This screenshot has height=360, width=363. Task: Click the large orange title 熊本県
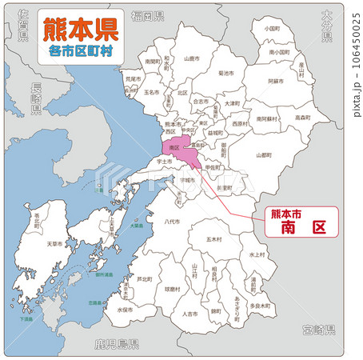[x=79, y=31]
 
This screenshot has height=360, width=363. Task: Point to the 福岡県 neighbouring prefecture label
[x=148, y=16]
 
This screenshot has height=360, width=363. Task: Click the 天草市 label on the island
[x=55, y=243]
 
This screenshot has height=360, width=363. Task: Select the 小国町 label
[x=270, y=29]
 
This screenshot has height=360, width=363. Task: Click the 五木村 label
[x=213, y=239]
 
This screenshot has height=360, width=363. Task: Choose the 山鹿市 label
[x=191, y=58]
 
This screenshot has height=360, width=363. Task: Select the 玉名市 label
[x=154, y=93]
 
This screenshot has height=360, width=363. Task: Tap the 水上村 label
[x=256, y=254]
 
